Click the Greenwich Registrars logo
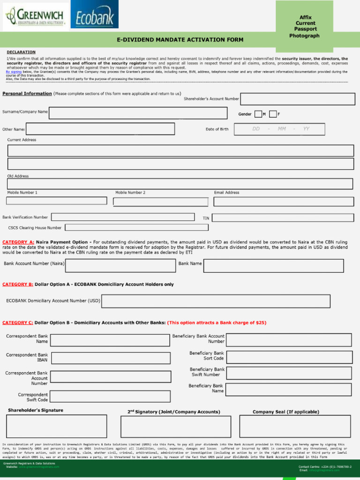tap(35, 16)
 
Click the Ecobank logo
tap(94, 15)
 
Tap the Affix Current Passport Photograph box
tap(304, 26)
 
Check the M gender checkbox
tap(258, 114)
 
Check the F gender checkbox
tap(273, 114)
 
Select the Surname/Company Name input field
tap(141, 113)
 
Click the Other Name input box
tap(100, 129)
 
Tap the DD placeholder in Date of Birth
tap(256, 129)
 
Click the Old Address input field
tap(180, 184)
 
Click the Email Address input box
tap(283, 201)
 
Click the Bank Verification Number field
tap(123, 217)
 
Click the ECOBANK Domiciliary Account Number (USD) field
tap(226, 301)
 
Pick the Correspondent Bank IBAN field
tap(110, 358)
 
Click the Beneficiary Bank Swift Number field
tap(289, 373)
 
